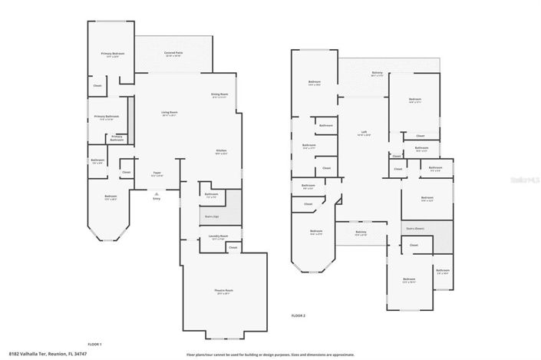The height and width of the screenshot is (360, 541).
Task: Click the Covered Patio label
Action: point(173,54)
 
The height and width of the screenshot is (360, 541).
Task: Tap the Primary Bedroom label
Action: point(113,54)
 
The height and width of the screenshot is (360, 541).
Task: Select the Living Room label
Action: point(169,114)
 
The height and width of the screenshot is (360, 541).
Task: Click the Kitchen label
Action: point(221,152)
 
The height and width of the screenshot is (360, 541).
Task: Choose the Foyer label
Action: point(157,174)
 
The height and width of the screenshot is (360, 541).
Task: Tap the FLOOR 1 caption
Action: point(95,344)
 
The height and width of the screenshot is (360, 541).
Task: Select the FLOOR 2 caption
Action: point(298,315)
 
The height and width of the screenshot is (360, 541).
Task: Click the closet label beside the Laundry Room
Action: point(233,248)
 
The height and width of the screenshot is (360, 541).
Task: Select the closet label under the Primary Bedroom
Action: point(97,85)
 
